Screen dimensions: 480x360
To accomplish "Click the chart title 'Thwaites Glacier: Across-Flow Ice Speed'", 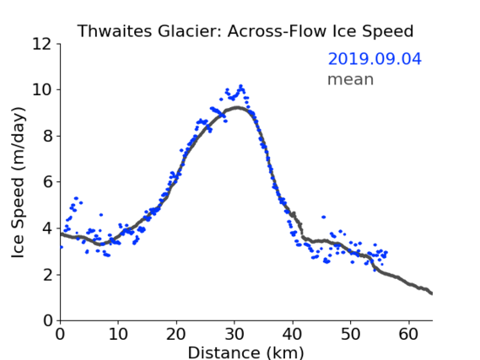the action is [x=245, y=31].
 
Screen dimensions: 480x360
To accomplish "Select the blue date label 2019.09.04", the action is [x=375, y=59].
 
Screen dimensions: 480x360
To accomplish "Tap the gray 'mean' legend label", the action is [x=351, y=79].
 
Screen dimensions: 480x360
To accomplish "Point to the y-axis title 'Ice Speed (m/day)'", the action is [x=18, y=182].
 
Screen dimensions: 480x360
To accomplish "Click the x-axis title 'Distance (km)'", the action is [x=245, y=352].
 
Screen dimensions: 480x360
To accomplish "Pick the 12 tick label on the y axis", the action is [x=42, y=44].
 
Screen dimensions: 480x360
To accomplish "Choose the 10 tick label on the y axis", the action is [x=42, y=90].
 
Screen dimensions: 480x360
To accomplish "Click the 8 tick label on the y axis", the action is [x=47, y=136].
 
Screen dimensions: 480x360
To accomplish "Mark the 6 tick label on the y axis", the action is [x=47, y=182].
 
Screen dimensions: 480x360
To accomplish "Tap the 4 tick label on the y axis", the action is [x=47, y=228].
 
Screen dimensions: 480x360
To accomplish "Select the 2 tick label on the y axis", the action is [x=47, y=275].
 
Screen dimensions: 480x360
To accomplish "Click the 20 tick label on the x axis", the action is [x=176, y=334].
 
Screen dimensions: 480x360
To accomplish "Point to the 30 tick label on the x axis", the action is [x=235, y=334].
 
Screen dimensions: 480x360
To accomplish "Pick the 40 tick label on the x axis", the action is [x=293, y=334].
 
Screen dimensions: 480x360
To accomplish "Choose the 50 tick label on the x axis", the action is [x=351, y=334].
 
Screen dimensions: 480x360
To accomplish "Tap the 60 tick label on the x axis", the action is [x=408, y=334].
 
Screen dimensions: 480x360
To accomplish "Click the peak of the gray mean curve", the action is [x=237, y=107].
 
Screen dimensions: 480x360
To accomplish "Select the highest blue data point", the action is [x=241, y=86].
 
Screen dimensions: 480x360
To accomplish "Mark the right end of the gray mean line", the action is [x=432, y=293].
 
